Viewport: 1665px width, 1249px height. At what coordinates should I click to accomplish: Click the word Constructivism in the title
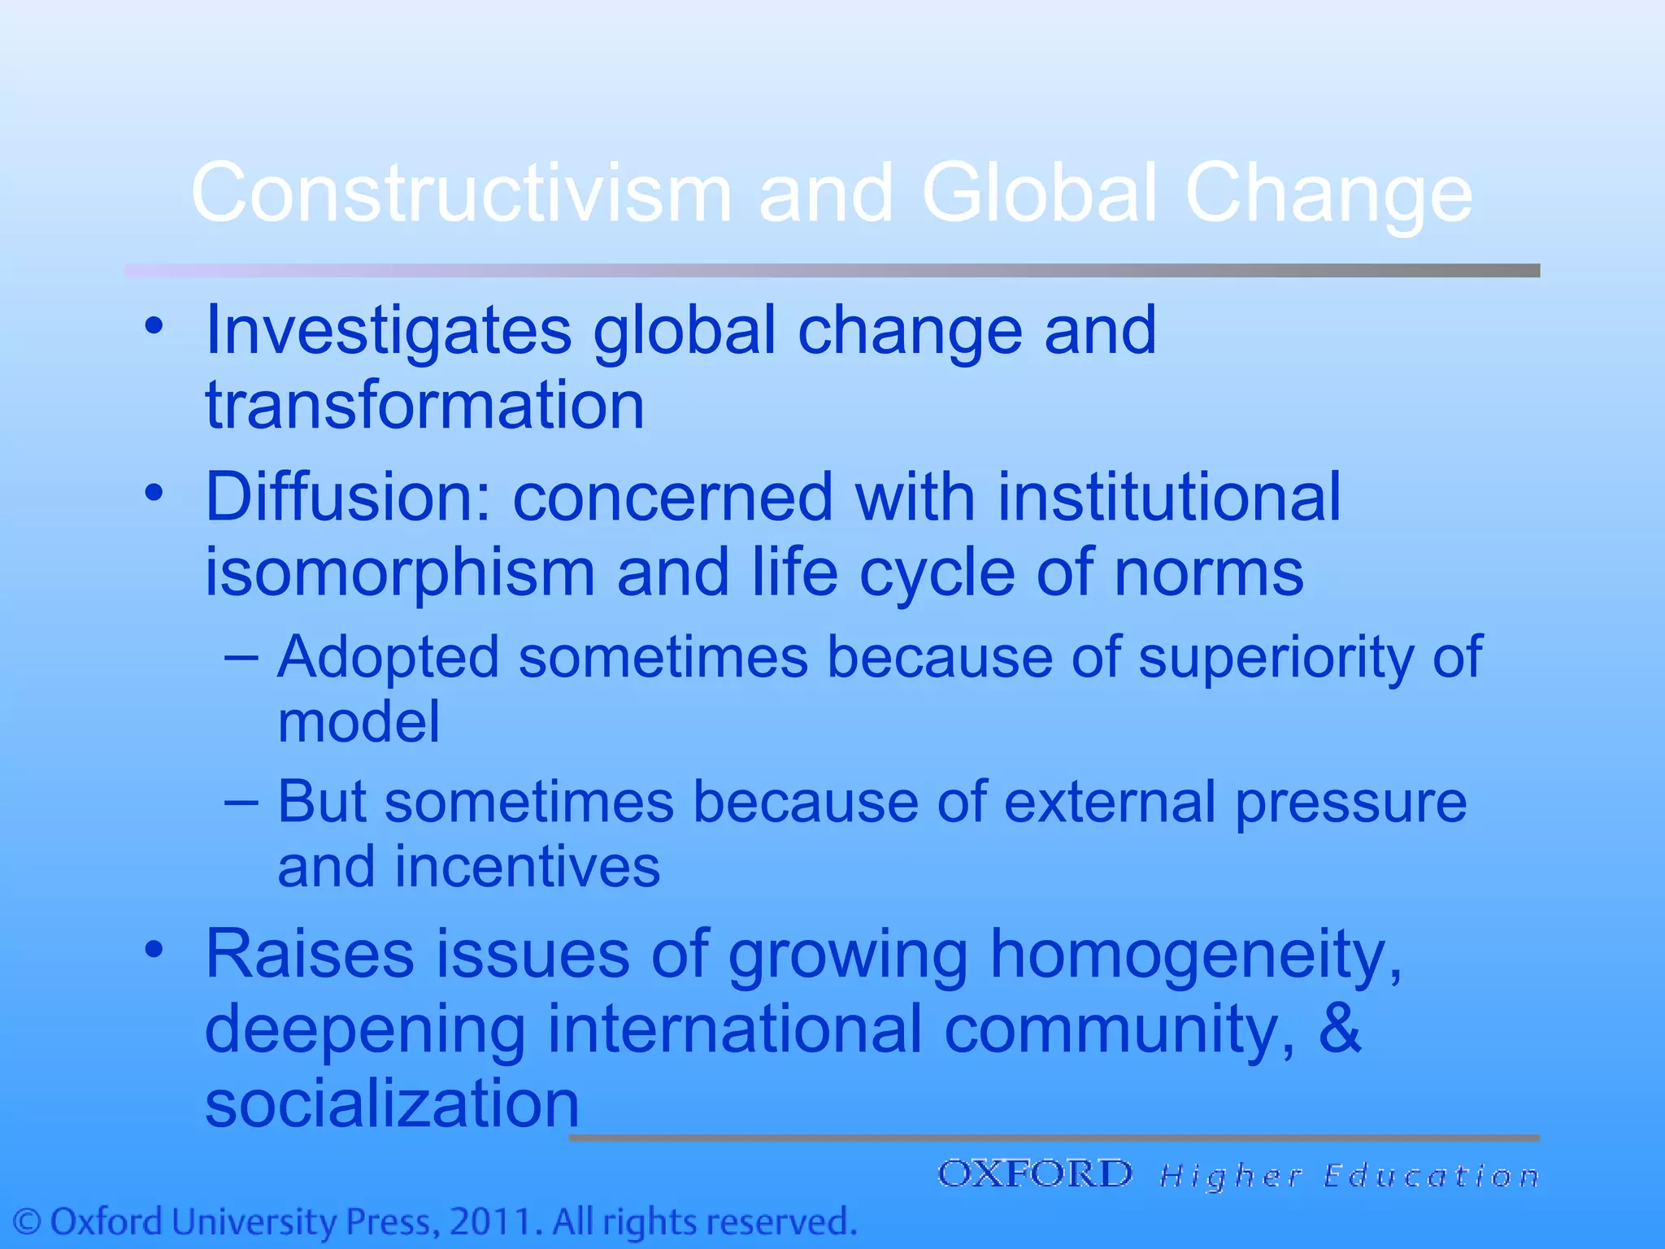point(461,194)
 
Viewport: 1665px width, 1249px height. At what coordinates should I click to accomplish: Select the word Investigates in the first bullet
point(389,331)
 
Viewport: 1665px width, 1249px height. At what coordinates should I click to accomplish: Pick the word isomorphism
point(399,572)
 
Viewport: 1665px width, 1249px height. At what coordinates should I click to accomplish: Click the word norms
point(1209,572)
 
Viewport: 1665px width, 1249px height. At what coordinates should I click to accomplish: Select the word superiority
point(1275,657)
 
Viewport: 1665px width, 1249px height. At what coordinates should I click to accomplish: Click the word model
point(359,722)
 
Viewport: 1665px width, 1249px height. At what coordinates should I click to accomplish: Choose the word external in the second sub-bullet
point(1110,803)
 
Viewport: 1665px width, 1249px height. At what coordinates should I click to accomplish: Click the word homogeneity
point(1195,954)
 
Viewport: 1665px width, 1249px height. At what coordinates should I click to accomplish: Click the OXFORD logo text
point(1035,1174)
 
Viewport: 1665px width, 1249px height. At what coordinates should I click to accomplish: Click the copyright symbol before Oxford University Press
point(28,1222)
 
